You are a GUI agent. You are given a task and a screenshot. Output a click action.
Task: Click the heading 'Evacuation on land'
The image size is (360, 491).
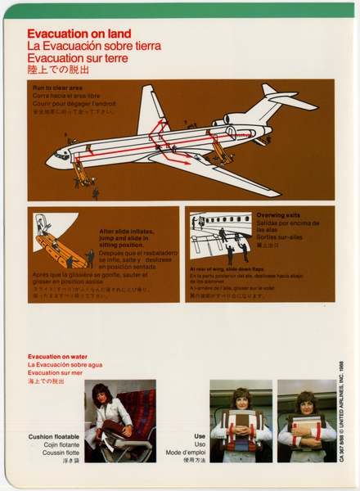click(x=73, y=34)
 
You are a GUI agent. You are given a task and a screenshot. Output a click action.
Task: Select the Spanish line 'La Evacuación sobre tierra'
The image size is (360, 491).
click(x=93, y=46)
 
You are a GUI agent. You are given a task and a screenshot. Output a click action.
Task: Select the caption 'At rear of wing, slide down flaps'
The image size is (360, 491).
click(x=232, y=268)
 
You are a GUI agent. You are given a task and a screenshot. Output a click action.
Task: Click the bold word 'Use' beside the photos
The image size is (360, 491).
click(x=200, y=436)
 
